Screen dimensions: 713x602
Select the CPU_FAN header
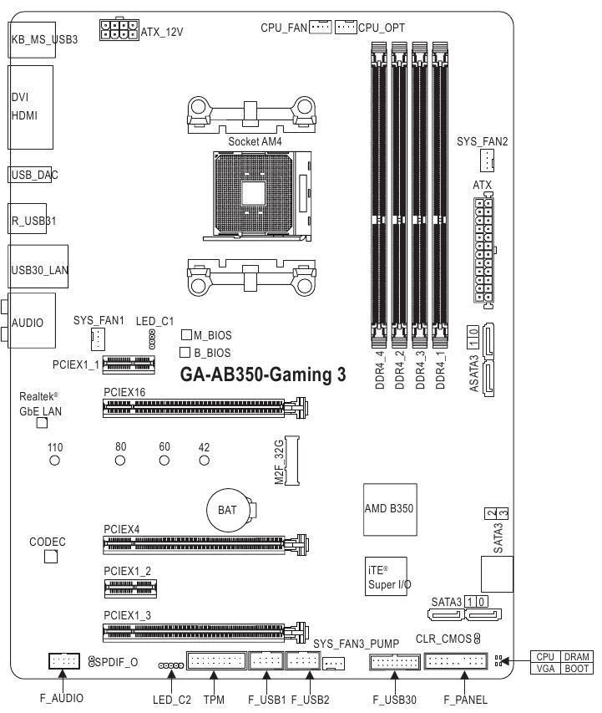point(320,28)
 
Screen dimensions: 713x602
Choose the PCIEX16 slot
point(205,409)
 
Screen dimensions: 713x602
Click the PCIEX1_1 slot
point(129,364)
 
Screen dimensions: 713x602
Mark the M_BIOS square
point(187,334)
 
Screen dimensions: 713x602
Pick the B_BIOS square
point(185,353)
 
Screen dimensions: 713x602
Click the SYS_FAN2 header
point(487,161)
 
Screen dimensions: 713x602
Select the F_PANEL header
point(456,662)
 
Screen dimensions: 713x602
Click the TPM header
point(215,662)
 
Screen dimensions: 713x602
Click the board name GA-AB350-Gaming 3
point(263,374)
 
